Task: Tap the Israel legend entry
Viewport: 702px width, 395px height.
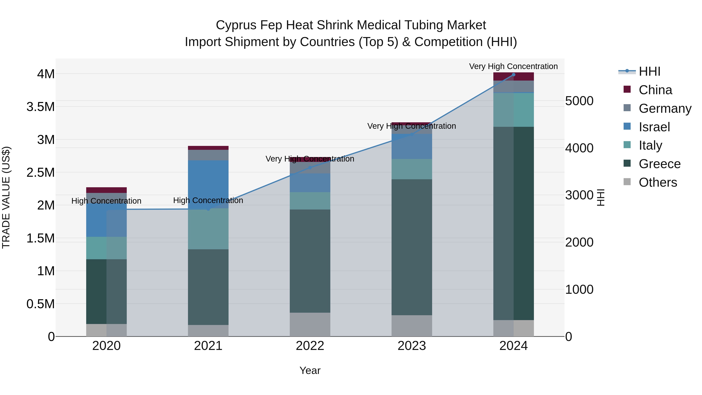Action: point(654,127)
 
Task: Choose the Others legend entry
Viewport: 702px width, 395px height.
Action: point(658,182)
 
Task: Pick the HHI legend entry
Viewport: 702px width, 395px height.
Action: point(649,71)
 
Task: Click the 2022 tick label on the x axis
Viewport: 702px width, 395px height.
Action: point(310,346)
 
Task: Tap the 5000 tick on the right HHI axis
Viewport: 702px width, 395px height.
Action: point(579,101)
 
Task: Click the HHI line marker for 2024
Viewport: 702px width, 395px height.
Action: point(513,75)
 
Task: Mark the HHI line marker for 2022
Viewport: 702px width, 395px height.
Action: point(310,168)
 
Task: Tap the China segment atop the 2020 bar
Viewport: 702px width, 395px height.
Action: point(106,190)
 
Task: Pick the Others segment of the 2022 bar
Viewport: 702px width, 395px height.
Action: point(310,324)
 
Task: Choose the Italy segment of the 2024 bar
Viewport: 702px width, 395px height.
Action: point(513,110)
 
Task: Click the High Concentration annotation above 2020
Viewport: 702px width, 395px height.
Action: point(106,201)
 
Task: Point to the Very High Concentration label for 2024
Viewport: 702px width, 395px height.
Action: point(513,67)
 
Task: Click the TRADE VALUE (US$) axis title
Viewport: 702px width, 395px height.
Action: point(6,197)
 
